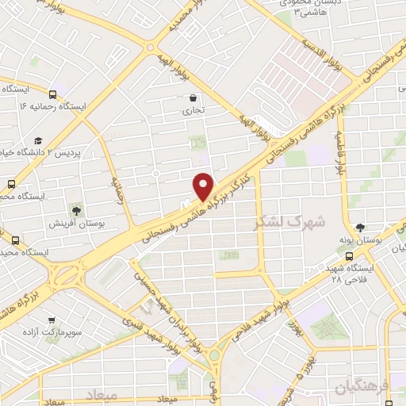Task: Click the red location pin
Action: point(204,186)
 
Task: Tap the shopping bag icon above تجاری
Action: point(193,98)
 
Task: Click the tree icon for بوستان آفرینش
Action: point(77,209)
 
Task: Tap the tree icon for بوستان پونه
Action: point(361,227)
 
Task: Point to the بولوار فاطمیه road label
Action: point(341,159)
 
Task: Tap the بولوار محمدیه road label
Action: point(188,17)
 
